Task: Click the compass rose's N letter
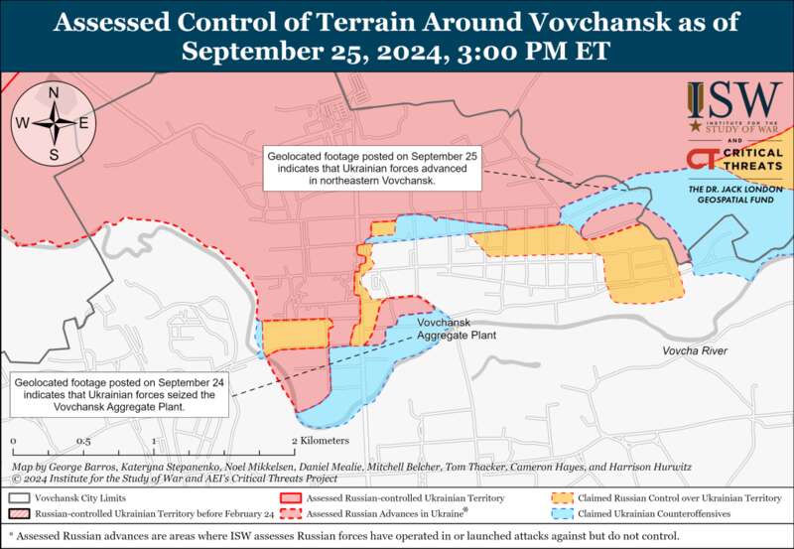coord(54,93)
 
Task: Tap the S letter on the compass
coord(54,155)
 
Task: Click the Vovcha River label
coord(695,352)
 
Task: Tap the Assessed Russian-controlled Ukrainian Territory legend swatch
coord(290,497)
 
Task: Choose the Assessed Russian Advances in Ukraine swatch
coord(290,514)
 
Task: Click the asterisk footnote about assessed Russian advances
coord(397,536)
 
